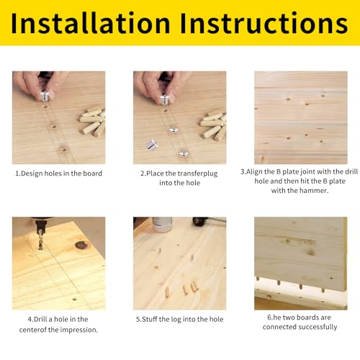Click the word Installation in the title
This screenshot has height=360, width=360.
(x=89, y=23)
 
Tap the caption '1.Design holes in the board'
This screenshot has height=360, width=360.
(x=59, y=174)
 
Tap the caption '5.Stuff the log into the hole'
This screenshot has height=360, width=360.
(x=179, y=319)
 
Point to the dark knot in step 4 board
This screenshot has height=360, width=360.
(x=81, y=245)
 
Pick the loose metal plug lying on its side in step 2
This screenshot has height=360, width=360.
(x=153, y=144)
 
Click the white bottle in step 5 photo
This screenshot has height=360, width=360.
(x=163, y=225)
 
